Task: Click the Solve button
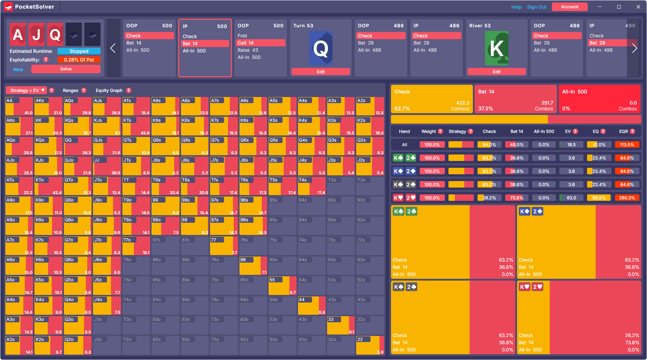tap(66, 69)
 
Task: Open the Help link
tap(516, 7)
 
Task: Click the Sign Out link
tap(536, 7)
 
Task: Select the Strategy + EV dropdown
tap(27, 91)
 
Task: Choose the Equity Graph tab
tap(109, 91)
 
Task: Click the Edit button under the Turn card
tap(321, 72)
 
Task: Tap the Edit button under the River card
tap(496, 72)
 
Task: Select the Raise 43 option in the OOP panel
tap(248, 50)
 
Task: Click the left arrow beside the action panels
tap(113, 48)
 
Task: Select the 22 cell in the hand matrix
tap(370, 345)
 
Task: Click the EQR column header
tap(624, 131)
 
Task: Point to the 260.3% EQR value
tap(627, 198)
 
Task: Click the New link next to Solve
tap(18, 69)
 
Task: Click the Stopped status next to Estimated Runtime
tap(79, 51)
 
